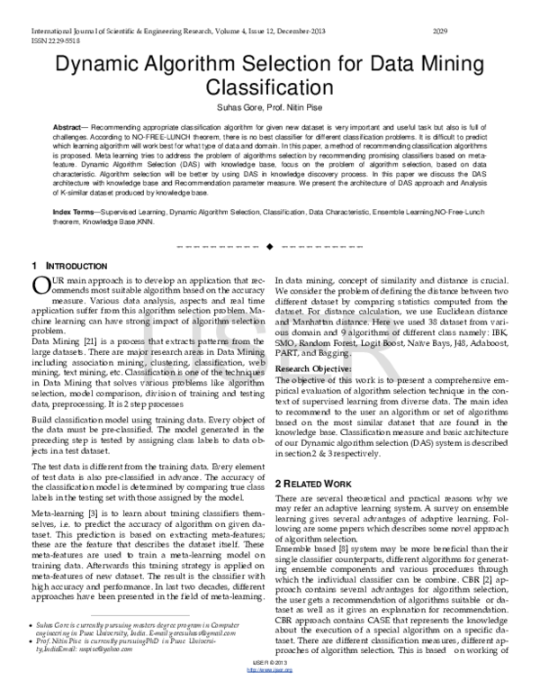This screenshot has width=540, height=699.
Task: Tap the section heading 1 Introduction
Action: [64, 266]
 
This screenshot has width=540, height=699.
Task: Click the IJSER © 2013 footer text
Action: [270, 682]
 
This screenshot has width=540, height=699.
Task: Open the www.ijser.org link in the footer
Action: [270, 689]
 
